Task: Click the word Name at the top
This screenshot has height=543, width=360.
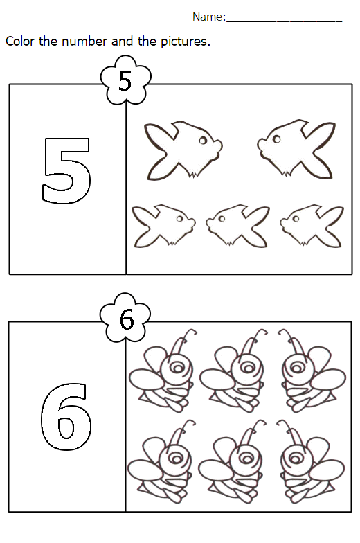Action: (208, 17)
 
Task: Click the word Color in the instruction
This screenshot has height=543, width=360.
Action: (20, 42)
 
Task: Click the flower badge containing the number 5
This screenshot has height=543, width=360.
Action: (125, 82)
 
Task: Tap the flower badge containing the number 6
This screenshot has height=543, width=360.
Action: (125, 319)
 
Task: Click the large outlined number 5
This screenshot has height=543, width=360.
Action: (66, 170)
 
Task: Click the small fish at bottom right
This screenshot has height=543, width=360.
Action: (311, 224)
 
